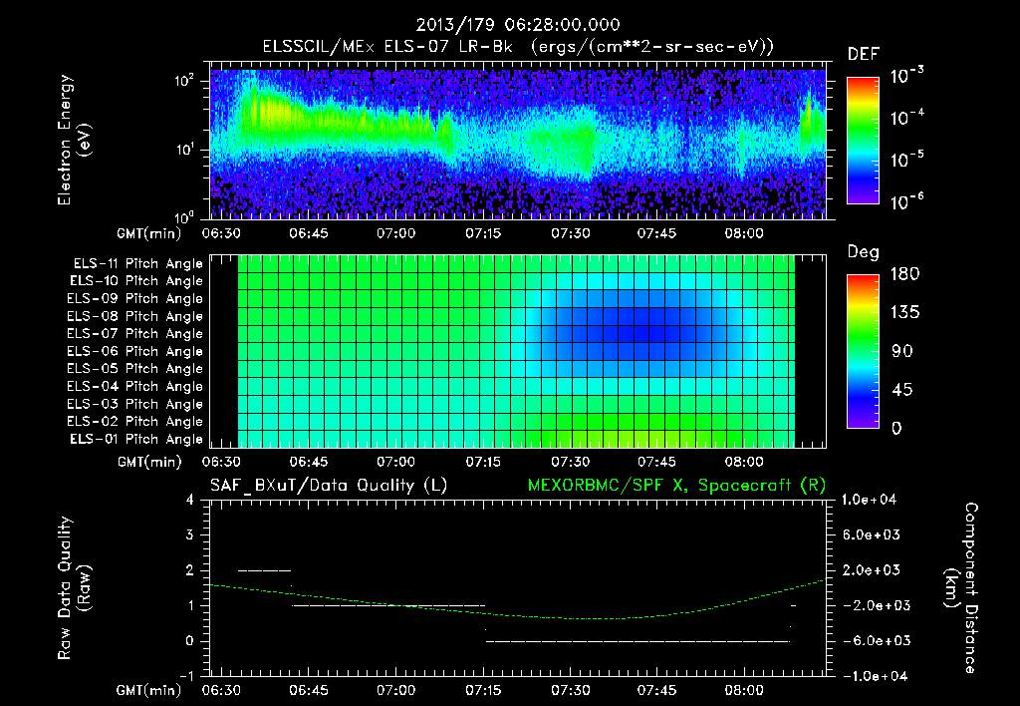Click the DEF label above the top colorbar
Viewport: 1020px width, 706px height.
click(x=863, y=54)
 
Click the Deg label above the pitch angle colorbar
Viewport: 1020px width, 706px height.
click(x=863, y=252)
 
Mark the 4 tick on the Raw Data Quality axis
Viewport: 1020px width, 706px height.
click(x=192, y=501)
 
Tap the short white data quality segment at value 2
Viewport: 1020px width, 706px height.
click(x=264, y=570)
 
